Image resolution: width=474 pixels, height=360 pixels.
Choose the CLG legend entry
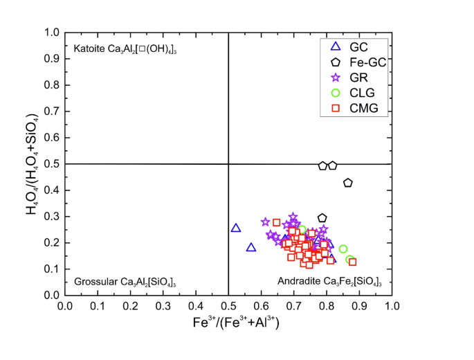(349, 93)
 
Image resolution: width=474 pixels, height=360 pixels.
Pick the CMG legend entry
(349, 108)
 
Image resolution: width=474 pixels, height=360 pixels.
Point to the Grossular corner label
(125, 282)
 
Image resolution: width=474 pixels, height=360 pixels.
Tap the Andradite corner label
(329, 282)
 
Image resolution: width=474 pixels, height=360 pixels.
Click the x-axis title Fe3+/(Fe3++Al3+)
(228, 323)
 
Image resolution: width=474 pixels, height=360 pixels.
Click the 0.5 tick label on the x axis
(228, 305)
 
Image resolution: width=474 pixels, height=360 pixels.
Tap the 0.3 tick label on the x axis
(163, 305)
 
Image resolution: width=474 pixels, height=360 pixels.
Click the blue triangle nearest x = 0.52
(235, 228)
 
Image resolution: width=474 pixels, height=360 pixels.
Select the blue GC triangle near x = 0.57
(251, 247)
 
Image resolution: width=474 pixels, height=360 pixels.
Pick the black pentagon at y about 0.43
(348, 183)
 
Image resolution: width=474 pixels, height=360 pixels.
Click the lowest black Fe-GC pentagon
(322, 218)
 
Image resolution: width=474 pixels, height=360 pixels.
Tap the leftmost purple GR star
(265, 222)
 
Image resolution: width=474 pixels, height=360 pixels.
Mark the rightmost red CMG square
(352, 262)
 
